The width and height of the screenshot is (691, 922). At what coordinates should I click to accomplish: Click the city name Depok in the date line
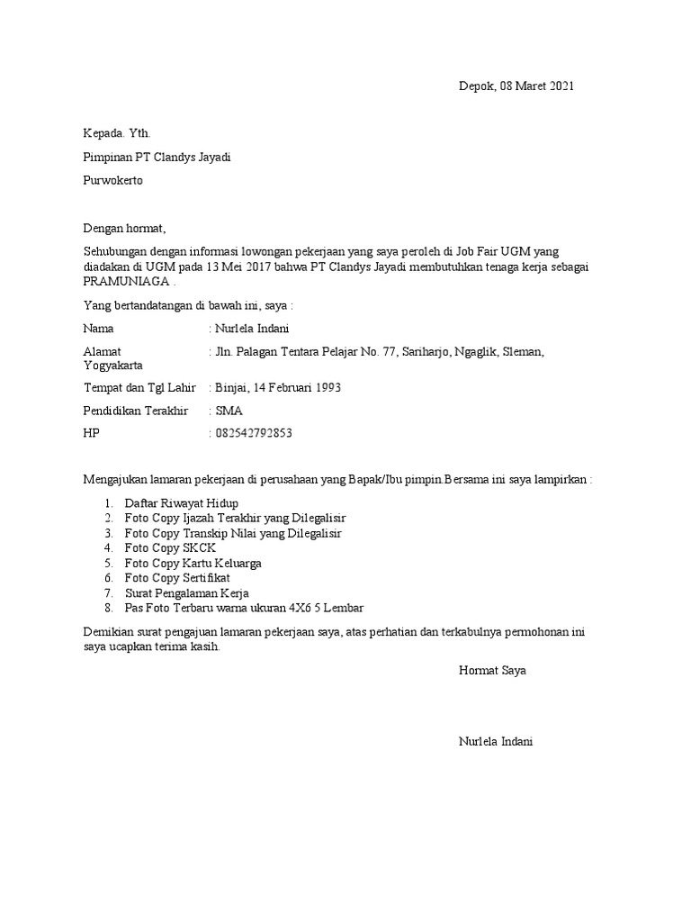(476, 86)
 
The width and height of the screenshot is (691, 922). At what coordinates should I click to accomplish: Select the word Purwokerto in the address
(112, 179)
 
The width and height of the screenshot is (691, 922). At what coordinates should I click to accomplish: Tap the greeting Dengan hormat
(125, 228)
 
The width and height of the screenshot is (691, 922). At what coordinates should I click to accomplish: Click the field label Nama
(98, 329)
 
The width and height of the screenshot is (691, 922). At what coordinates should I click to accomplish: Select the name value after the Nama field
(253, 329)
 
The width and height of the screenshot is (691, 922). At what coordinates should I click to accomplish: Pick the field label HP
(92, 433)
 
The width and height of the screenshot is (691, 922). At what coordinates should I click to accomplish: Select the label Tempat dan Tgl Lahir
(139, 387)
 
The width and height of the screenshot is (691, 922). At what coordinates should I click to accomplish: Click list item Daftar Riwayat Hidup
(182, 503)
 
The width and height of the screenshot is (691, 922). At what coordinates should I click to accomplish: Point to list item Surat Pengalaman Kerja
(186, 592)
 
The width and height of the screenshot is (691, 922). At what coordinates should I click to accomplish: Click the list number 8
(108, 608)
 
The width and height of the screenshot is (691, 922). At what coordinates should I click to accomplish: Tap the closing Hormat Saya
(492, 671)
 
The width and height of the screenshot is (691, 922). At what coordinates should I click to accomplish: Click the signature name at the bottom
(496, 742)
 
